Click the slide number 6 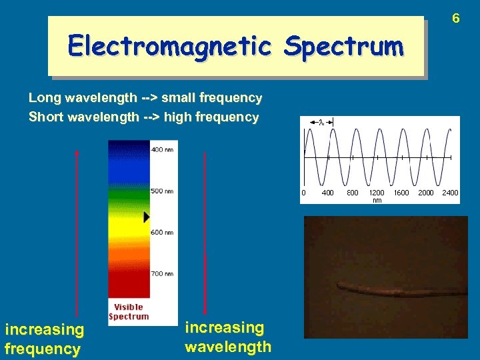point(456,19)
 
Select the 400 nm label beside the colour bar point(162,150)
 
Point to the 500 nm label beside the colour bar point(162,191)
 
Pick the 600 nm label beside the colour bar point(162,232)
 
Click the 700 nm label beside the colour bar point(162,273)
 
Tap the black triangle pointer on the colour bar point(147,217)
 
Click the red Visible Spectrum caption point(129,312)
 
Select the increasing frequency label point(45,339)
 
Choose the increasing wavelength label point(228,337)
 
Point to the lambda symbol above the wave point(320,122)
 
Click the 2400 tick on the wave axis point(450,193)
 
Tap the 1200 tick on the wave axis point(377,193)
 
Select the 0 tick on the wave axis point(304,193)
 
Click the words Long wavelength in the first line point(83,98)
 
